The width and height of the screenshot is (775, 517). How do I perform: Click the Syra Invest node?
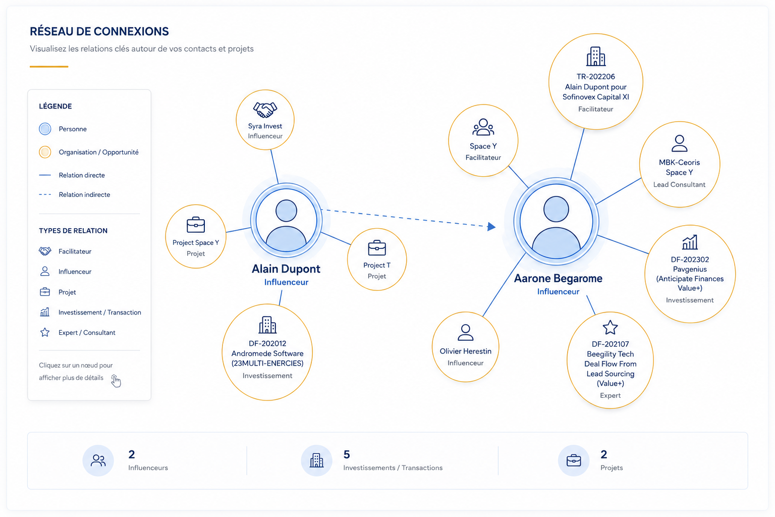[x=265, y=120]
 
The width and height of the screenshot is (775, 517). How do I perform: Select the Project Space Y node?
[x=196, y=236]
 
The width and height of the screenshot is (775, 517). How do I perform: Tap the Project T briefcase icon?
[x=377, y=248]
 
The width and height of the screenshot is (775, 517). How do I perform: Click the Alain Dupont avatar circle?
[x=286, y=220]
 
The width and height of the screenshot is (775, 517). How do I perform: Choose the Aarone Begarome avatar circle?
[x=557, y=221]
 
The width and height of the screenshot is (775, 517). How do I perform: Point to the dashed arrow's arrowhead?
[x=491, y=227]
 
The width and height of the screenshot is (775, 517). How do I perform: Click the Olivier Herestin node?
[x=465, y=347]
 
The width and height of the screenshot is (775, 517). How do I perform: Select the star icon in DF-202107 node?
[x=610, y=328]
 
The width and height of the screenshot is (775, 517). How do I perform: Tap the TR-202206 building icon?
[x=596, y=57]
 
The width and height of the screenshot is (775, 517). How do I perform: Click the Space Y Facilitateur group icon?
[x=483, y=127]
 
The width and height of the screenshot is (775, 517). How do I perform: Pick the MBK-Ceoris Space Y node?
[x=680, y=165]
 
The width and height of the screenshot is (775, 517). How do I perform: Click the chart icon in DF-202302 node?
[x=690, y=242]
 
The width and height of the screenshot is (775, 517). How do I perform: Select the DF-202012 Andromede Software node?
[x=267, y=352]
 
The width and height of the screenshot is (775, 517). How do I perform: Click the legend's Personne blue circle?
[x=45, y=129]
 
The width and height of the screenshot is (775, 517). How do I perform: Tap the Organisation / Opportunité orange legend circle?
[x=45, y=152]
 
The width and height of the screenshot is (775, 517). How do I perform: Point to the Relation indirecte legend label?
[x=84, y=194]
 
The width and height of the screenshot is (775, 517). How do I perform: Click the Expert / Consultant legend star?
[x=44, y=332]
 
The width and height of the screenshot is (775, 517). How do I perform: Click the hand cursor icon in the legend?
[x=116, y=381]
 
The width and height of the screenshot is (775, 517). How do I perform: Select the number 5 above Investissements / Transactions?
[x=347, y=454]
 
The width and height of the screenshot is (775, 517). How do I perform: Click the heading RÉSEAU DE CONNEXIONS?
[x=99, y=31]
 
